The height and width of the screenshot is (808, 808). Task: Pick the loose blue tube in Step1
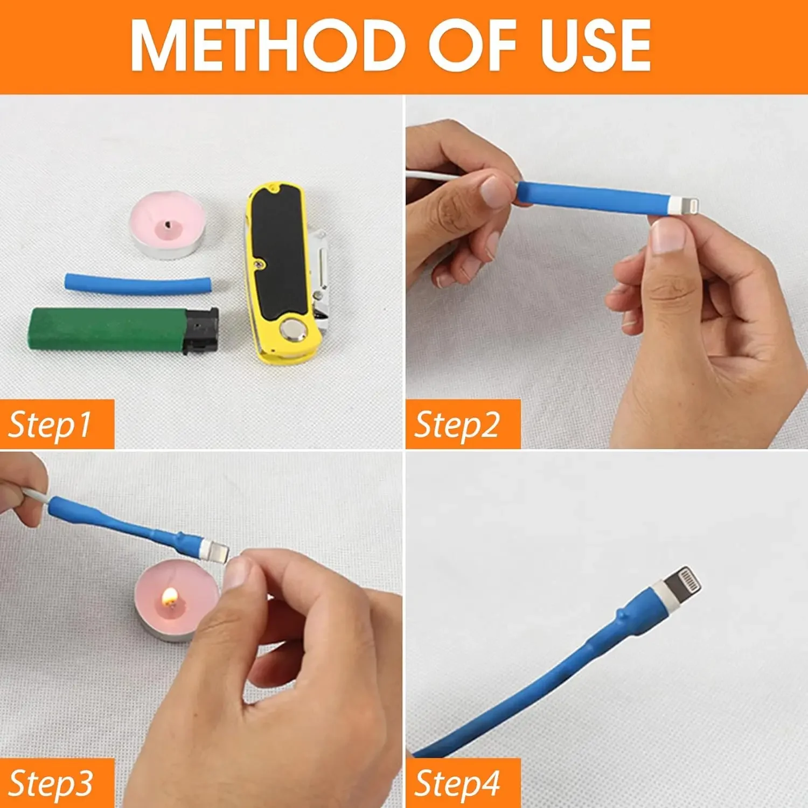click(x=138, y=284)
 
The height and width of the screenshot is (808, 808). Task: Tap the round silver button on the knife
click(x=293, y=329)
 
